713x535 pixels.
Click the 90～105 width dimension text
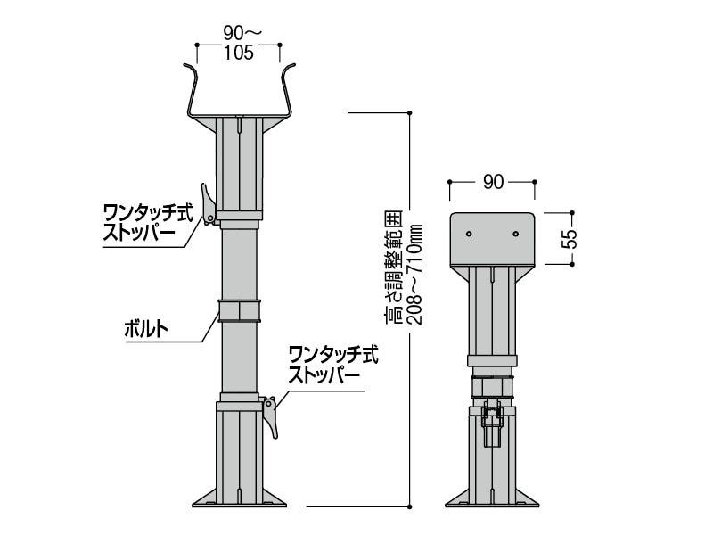238,43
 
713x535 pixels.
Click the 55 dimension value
571,239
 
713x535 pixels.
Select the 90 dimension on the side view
492,182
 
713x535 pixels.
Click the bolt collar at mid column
239,311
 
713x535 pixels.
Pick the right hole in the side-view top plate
515,235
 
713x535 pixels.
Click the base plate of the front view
239,499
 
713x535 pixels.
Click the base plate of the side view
492,499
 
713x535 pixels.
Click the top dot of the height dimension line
409,112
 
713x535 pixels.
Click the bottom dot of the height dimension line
409,506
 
